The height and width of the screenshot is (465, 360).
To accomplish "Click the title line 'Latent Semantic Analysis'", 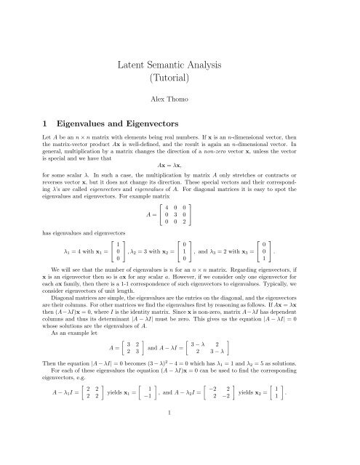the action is point(180,68).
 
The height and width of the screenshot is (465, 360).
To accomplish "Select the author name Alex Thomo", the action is point(180,116).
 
